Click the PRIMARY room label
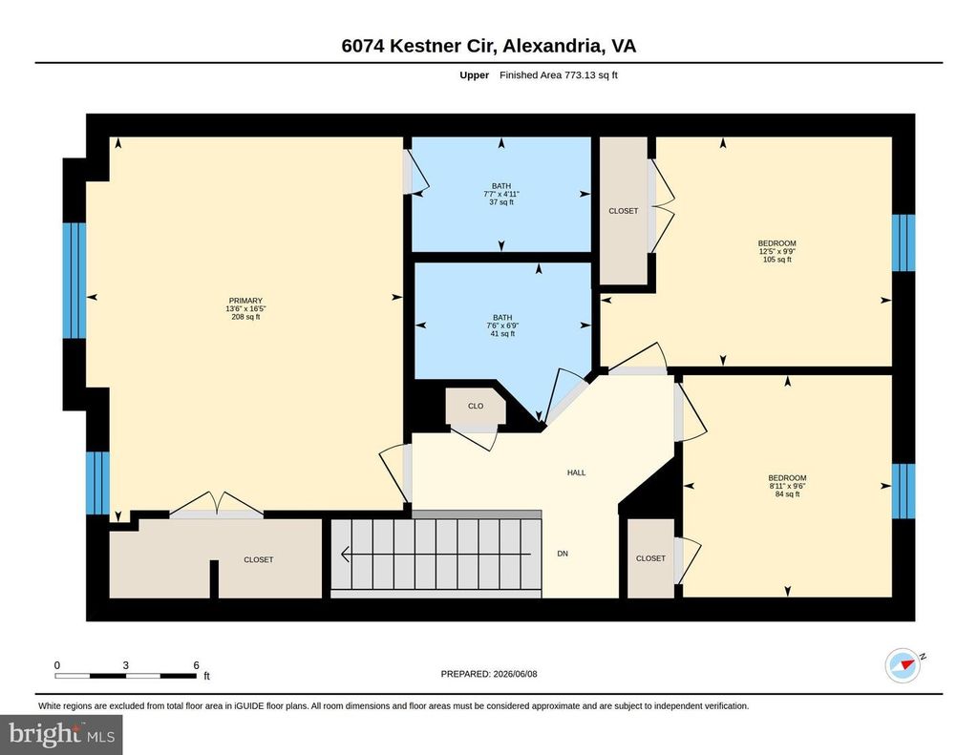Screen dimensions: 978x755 (x=245, y=301)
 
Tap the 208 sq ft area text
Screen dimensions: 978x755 (x=245, y=317)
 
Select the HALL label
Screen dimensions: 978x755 (x=576, y=472)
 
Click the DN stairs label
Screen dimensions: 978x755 (x=563, y=554)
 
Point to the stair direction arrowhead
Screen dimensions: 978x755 (x=344, y=554)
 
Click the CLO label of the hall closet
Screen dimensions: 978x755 (x=476, y=406)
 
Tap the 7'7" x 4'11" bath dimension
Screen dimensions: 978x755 (x=501, y=194)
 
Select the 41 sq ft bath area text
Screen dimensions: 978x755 (x=502, y=333)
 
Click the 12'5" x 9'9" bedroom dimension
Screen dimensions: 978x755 (x=777, y=251)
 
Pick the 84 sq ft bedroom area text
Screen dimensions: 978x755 (x=787, y=493)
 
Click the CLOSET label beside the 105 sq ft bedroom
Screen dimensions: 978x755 (x=623, y=211)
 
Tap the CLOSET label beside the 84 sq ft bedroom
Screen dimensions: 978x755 (x=650, y=558)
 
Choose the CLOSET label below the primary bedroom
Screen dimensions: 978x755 (x=258, y=560)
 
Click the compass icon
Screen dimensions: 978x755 (x=904, y=666)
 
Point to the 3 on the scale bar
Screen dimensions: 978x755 (x=125, y=665)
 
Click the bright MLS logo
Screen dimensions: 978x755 (x=61, y=734)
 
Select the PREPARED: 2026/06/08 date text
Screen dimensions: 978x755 (x=489, y=674)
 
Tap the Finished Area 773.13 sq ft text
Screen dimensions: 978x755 (x=558, y=75)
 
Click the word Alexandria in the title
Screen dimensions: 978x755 (x=553, y=46)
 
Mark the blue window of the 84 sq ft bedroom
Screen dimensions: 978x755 (x=904, y=492)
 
